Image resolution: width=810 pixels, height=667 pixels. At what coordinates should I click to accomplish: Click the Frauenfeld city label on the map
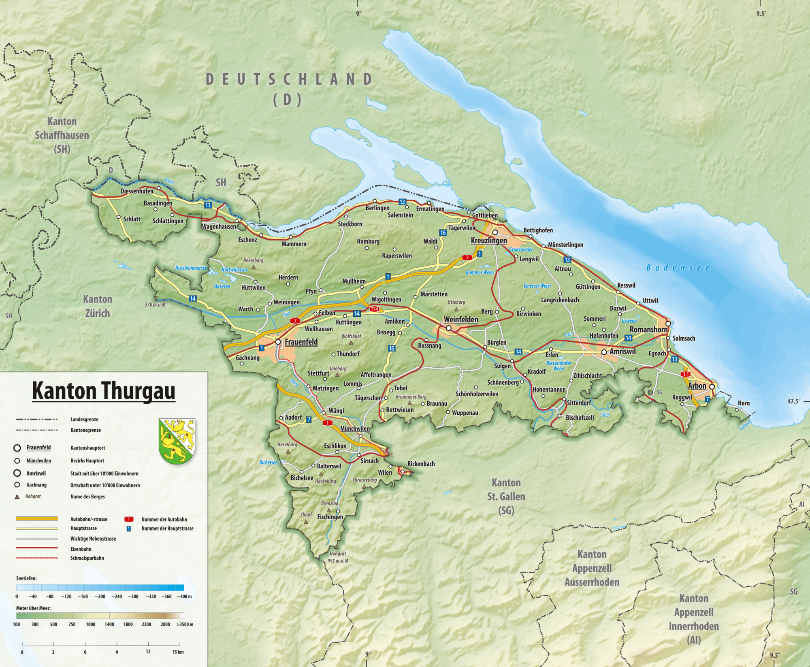301,342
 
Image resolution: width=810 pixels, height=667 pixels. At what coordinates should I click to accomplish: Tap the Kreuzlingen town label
489,241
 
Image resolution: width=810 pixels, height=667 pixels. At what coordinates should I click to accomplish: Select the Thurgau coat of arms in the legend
177,441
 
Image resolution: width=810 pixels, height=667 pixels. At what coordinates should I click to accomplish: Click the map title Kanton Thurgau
104,391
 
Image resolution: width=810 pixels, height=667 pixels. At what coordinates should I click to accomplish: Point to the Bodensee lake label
678,268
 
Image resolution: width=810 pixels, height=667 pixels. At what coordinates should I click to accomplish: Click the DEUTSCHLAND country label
289,79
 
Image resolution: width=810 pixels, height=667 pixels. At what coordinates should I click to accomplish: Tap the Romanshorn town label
648,330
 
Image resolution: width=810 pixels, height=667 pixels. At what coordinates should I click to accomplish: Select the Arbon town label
697,386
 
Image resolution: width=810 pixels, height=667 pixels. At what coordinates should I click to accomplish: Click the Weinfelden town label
461,320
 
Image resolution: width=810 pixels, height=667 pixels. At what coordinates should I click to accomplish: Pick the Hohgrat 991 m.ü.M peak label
338,557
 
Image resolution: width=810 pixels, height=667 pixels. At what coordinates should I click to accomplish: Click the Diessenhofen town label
137,191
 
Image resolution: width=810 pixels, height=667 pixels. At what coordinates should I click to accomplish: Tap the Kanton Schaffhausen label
62,135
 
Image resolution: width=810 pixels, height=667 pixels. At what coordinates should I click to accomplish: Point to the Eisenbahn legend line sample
37,548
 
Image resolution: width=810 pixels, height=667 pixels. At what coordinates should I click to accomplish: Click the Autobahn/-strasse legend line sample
37,518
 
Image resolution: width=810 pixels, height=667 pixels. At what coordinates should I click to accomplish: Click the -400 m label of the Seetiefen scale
184,597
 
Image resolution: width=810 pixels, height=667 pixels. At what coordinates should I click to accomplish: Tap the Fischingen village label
330,517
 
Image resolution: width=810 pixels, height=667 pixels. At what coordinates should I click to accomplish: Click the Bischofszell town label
580,418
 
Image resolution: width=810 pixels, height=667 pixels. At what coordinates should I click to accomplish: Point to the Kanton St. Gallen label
506,496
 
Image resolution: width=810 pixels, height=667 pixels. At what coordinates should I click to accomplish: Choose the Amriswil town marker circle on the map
604,352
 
